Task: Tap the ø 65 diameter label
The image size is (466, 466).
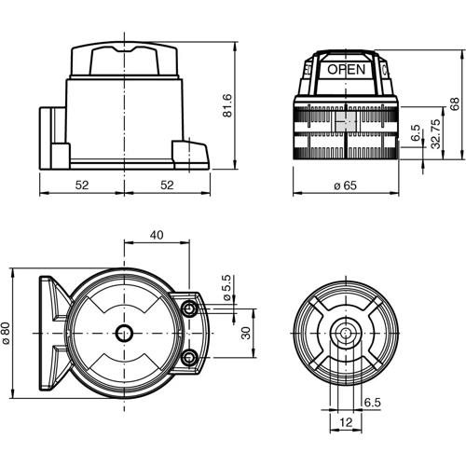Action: click(345, 186)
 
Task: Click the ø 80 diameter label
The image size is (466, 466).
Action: click(8, 333)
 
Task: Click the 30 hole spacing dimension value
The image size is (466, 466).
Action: click(245, 332)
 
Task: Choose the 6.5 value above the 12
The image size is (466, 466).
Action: click(372, 403)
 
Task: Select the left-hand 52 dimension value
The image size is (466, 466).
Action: click(81, 185)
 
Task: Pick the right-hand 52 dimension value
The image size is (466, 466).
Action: click(166, 185)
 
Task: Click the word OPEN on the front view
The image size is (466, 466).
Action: click(345, 69)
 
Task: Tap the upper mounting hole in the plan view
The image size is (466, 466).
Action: click(189, 308)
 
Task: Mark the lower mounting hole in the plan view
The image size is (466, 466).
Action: click(189, 357)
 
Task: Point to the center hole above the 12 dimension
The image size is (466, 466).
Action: click(345, 333)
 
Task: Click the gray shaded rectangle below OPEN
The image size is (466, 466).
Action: click(345, 121)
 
